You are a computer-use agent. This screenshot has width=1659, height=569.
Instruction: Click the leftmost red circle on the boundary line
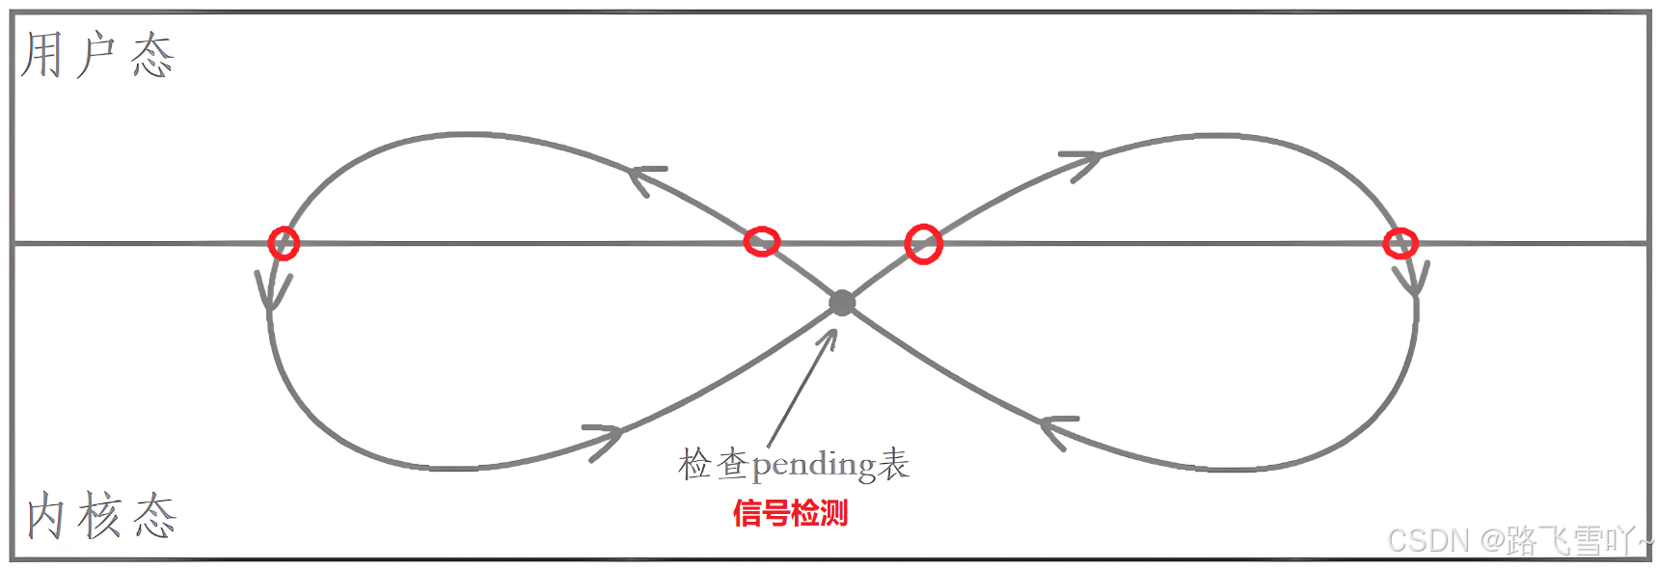click(284, 243)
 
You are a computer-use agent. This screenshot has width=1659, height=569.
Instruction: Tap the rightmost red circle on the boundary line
click(1400, 243)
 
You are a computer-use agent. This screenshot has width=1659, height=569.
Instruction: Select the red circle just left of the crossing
click(762, 241)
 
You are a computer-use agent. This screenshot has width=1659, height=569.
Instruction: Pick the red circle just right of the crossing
click(923, 244)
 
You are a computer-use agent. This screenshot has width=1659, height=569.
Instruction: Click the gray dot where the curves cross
click(842, 303)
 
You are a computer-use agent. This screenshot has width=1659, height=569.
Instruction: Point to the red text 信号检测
click(790, 513)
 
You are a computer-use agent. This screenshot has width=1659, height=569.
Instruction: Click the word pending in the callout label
click(814, 466)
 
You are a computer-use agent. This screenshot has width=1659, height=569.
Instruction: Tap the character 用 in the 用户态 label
click(42, 54)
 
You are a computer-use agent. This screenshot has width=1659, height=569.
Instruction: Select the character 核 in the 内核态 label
click(100, 516)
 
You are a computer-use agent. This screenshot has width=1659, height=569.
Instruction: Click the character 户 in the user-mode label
click(97, 54)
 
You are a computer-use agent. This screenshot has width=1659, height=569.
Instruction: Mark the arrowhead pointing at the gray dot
click(830, 337)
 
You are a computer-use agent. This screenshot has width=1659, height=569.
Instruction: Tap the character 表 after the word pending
click(894, 464)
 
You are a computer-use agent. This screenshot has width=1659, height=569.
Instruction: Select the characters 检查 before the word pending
click(713, 464)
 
